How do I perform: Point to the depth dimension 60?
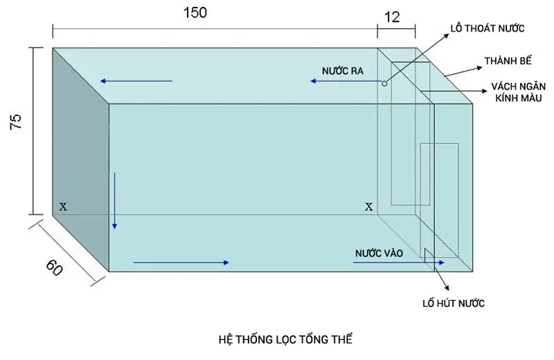tap(54, 268)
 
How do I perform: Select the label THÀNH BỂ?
tap(506, 60)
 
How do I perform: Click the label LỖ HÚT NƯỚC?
tap(453, 302)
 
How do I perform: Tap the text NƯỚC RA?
tap(342, 70)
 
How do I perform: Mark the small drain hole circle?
tap(383, 81)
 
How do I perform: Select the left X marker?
tap(63, 207)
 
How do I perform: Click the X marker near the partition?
tap(369, 207)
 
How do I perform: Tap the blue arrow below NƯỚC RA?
tap(344, 81)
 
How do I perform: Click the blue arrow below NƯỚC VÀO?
tap(399, 263)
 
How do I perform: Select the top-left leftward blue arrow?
tap(135, 81)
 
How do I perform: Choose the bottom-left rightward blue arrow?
tap(181, 263)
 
